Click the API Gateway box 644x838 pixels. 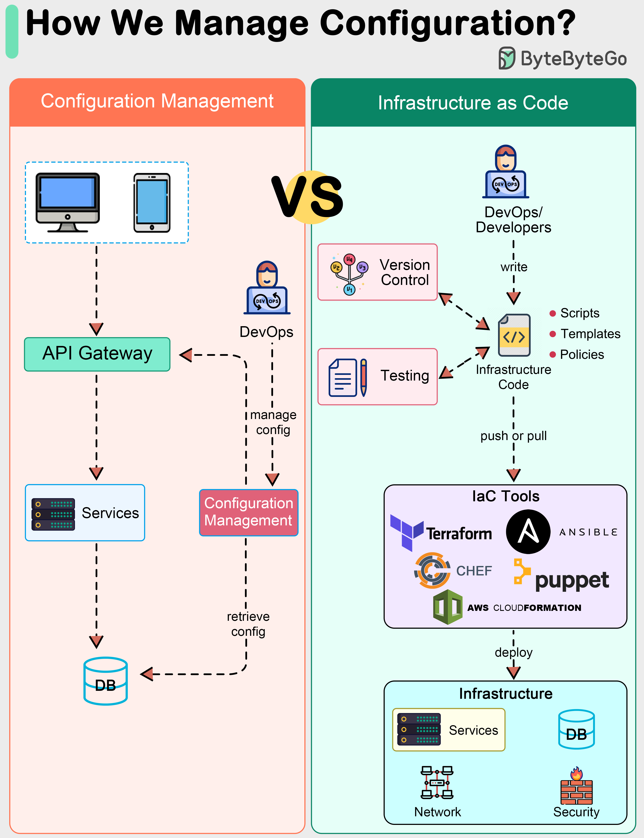click(x=97, y=354)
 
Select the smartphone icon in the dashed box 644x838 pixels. click(x=152, y=203)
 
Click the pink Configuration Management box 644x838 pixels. click(x=248, y=512)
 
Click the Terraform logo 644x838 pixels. click(x=441, y=533)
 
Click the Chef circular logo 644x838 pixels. click(x=432, y=570)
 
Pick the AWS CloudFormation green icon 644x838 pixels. click(x=447, y=607)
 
